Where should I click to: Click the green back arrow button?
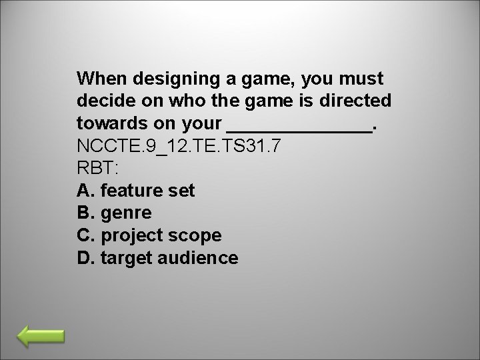click(x=41, y=337)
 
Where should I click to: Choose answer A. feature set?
click(x=136, y=191)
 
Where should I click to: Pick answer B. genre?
click(x=115, y=213)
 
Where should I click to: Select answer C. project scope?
click(x=149, y=235)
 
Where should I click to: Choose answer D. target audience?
click(x=157, y=257)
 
